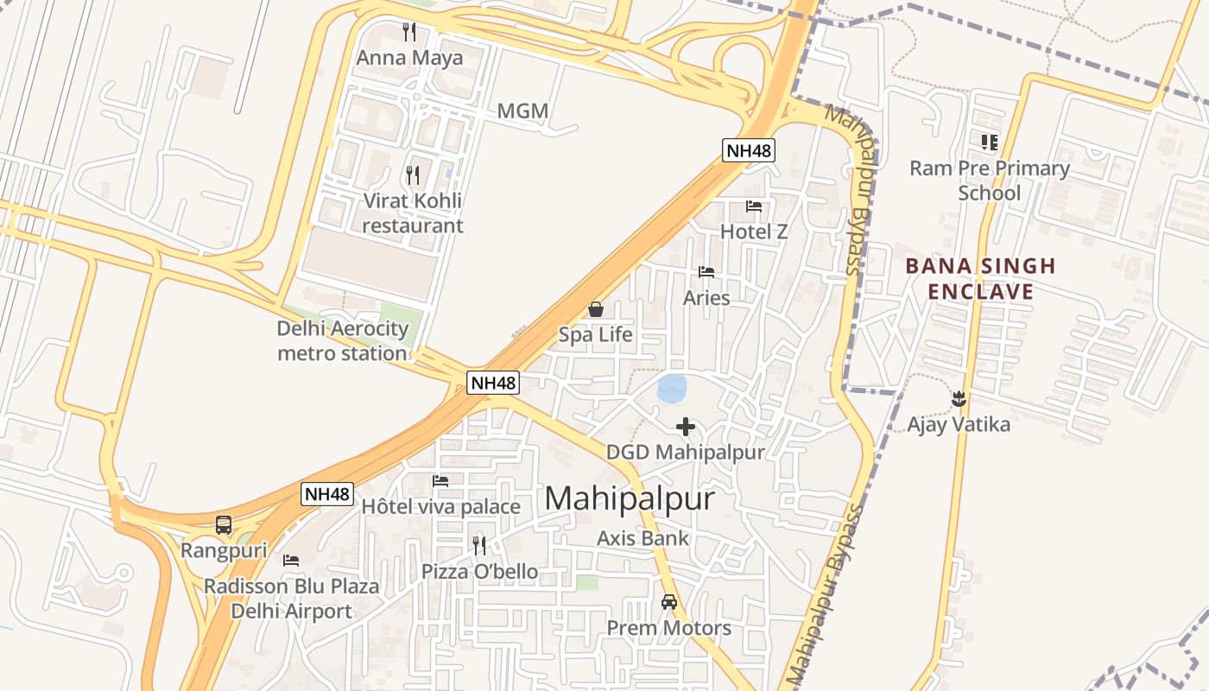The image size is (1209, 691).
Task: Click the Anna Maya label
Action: tap(410, 58)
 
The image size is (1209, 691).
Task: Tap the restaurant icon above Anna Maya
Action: tap(410, 32)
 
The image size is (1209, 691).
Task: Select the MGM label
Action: tap(522, 111)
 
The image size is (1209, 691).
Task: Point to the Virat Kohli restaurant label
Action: tap(412, 213)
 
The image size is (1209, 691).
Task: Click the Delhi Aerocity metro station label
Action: tap(342, 340)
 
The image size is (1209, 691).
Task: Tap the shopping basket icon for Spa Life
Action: tap(596, 308)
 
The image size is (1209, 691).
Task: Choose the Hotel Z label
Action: tap(754, 231)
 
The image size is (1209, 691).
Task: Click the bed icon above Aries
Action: tap(706, 272)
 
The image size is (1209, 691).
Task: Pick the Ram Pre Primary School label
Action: tap(989, 181)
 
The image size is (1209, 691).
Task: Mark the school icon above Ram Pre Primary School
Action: tap(989, 142)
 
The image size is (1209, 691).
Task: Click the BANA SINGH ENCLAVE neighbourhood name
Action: tap(980, 279)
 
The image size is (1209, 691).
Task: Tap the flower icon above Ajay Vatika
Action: tap(958, 398)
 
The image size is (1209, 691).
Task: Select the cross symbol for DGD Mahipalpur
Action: tap(686, 427)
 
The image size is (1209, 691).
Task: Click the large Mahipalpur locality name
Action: tap(630, 498)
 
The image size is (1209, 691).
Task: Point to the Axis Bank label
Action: tap(643, 538)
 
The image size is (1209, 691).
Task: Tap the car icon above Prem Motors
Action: tap(669, 601)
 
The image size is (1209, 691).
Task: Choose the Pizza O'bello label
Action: tap(479, 572)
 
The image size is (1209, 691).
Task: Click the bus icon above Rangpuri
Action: tap(224, 524)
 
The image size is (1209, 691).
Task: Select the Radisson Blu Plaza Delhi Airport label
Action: tap(291, 599)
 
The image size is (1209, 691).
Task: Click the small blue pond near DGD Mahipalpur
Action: tap(672, 388)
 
